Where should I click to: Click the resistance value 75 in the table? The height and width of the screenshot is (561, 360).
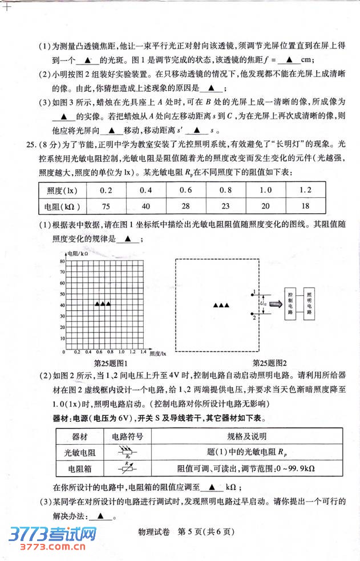pyautogui.click(x=105, y=206)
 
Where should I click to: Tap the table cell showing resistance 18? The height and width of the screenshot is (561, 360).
pyautogui.click(x=305, y=206)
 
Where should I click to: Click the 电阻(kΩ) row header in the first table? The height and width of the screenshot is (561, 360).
pyautogui.click(x=63, y=206)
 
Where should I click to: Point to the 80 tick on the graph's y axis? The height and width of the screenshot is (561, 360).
pyautogui.click(x=62, y=261)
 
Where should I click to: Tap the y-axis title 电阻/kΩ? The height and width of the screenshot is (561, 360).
pyautogui.click(x=78, y=253)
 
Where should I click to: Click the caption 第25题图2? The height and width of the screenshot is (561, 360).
pyautogui.click(x=269, y=363)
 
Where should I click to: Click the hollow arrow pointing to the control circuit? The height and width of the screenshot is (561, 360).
pyautogui.click(x=276, y=303)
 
